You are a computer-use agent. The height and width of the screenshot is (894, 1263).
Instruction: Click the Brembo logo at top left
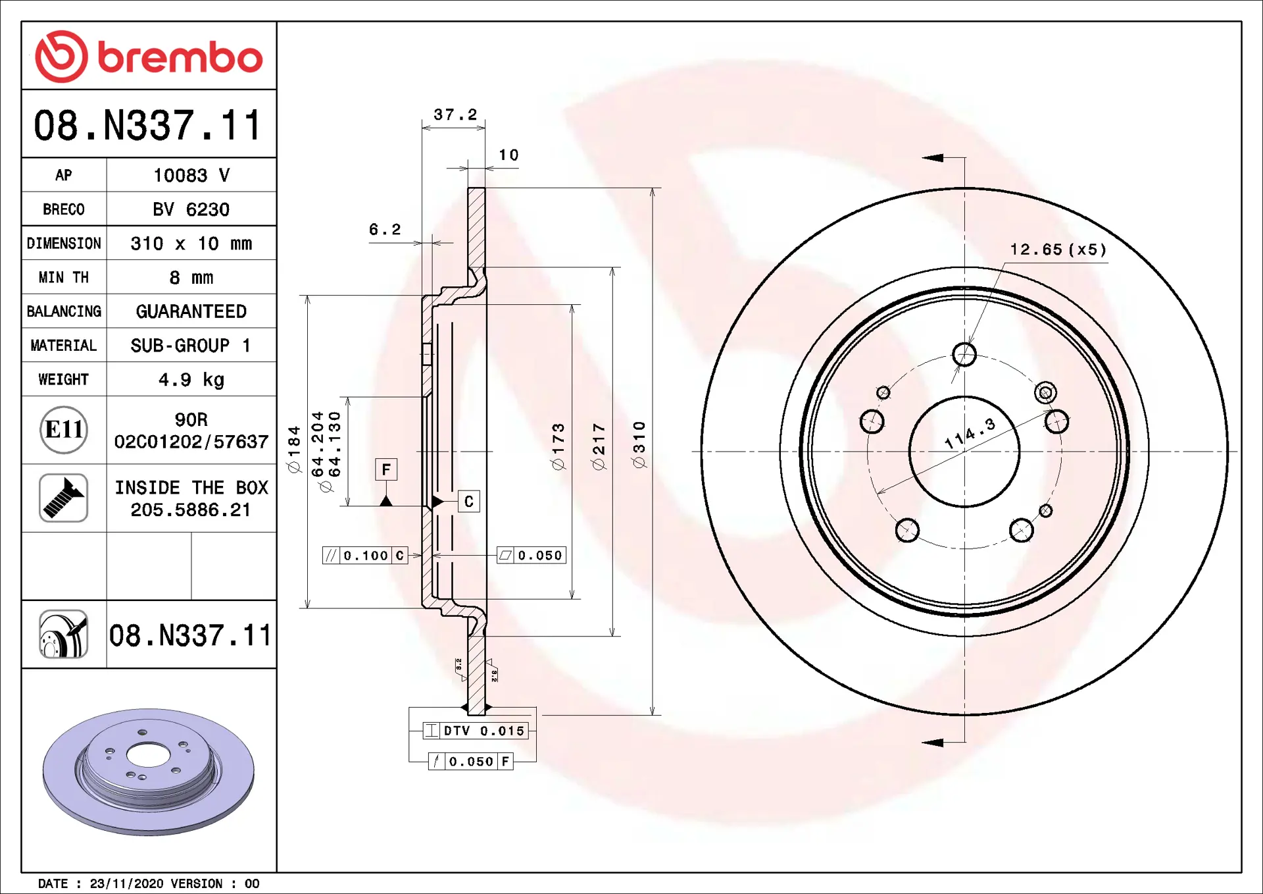pyautogui.click(x=149, y=56)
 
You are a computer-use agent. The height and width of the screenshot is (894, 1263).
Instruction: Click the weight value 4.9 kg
pyautogui.click(x=191, y=380)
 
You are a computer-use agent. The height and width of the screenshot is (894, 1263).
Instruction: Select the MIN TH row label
pyautogui.click(x=64, y=278)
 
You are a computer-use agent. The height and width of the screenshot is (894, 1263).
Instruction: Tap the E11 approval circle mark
pyautogui.click(x=64, y=430)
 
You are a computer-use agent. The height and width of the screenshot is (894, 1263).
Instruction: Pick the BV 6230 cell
pyautogui.click(x=191, y=209)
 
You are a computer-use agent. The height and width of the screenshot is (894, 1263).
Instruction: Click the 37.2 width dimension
pyautogui.click(x=455, y=115)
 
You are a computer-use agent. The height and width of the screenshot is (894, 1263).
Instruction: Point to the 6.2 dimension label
pyautogui.click(x=385, y=229)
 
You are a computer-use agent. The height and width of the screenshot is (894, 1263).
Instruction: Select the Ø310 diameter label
pyautogui.click(x=639, y=445)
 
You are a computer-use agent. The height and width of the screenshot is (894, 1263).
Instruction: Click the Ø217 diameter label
pyautogui.click(x=599, y=447)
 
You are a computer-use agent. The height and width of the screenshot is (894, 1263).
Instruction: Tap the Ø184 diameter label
pyautogui.click(x=294, y=449)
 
